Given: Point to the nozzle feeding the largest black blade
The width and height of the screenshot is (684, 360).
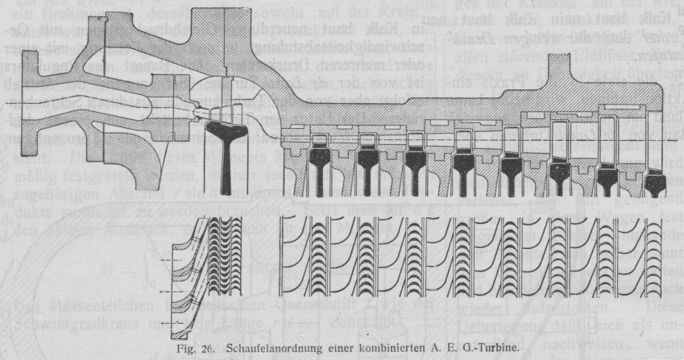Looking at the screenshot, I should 198,113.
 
